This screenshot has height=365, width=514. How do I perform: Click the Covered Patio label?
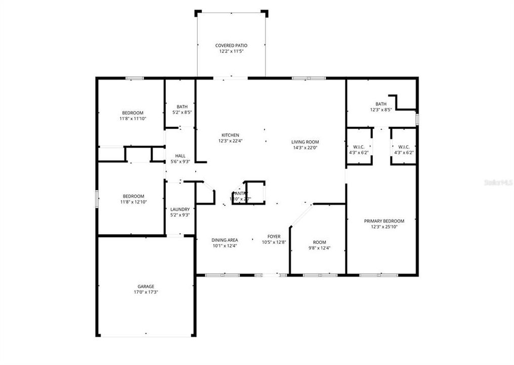[231, 46]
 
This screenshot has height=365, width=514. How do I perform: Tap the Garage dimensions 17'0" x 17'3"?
[146, 293]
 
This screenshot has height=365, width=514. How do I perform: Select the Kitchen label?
[230, 135]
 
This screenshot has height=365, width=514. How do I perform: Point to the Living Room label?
[305, 142]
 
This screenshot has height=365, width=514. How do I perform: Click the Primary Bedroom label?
[384, 221]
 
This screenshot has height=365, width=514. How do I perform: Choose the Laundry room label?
[180, 209]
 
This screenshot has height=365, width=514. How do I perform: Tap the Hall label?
[180, 156]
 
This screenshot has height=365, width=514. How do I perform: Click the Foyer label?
[274, 236]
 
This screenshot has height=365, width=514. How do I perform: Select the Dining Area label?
[225, 240]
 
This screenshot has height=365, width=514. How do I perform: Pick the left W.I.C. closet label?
[359, 147]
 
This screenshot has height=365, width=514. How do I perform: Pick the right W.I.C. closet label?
[403, 147]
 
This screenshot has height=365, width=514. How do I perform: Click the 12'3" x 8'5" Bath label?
[381, 104]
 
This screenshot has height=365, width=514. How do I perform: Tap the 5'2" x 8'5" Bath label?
[182, 106]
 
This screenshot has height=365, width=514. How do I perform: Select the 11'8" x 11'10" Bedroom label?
[133, 113]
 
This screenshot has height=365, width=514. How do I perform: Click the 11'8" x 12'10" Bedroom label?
[133, 196]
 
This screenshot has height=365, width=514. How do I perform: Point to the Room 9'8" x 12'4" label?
[319, 242]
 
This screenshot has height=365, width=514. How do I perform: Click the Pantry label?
[240, 193]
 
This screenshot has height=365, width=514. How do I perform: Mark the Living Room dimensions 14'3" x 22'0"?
[305, 148]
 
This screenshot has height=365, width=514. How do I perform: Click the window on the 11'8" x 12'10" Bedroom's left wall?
[97, 198]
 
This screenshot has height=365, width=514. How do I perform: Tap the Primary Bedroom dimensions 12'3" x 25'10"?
[384, 227]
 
